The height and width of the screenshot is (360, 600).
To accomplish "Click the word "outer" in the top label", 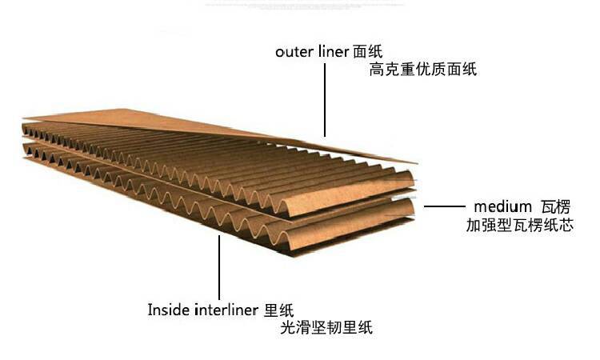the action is pos(293,52).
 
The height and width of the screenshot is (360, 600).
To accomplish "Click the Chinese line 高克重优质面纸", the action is pos(422,70).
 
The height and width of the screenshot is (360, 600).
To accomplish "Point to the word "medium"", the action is pos(499,206).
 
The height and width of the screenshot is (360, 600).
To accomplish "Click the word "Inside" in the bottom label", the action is pos(169,309).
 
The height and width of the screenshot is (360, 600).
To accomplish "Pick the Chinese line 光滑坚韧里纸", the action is pos(326,327).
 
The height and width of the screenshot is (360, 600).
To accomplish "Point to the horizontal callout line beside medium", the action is pos(444,206).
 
